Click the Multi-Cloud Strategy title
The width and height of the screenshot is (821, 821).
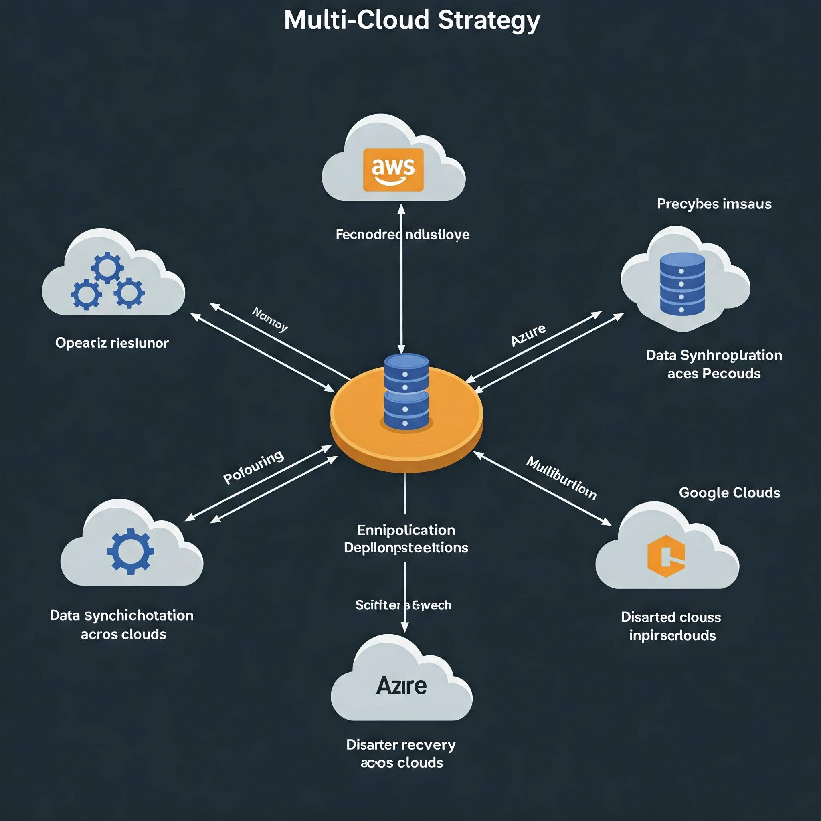(x=412, y=20)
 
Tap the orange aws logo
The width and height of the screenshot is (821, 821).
(x=393, y=170)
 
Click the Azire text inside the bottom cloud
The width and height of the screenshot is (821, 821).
(x=401, y=686)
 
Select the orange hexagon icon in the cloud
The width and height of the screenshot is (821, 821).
(x=665, y=556)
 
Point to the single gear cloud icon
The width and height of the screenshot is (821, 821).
(x=130, y=551)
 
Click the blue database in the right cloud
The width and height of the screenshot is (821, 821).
(x=682, y=283)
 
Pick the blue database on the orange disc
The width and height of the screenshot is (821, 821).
(x=406, y=391)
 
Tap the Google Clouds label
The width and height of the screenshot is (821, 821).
(x=729, y=493)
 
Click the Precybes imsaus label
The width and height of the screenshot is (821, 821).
(x=714, y=204)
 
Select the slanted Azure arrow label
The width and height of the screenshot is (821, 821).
(x=528, y=335)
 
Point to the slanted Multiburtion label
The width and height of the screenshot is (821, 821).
(x=561, y=477)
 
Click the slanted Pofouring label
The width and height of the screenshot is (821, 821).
(x=253, y=467)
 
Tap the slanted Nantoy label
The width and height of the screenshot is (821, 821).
(x=270, y=319)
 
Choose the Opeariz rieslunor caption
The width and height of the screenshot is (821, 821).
(x=112, y=343)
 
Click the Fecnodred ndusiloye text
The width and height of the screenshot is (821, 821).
(x=402, y=235)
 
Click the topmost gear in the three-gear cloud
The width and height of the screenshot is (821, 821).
(x=107, y=267)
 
